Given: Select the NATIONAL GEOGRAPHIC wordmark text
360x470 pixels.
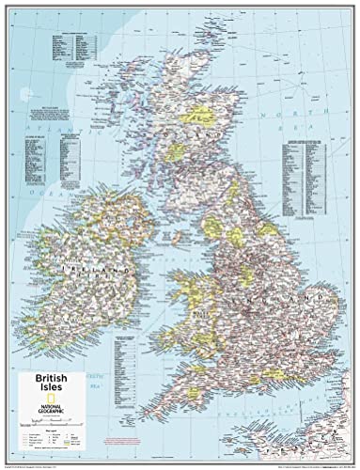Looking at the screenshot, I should coord(58,392).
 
